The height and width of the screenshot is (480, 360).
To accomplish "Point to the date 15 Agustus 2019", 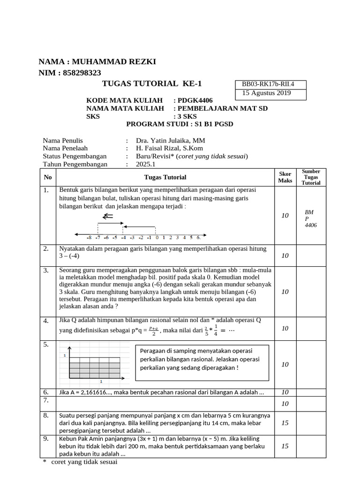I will (x=266, y=93).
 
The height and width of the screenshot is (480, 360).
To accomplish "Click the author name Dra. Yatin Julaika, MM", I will (x=170, y=141).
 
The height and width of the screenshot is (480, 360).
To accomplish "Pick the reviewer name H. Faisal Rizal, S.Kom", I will (x=172, y=149).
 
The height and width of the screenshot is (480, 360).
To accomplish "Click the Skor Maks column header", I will (x=285, y=177).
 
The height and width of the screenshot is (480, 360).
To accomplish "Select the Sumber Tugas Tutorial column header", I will (x=311, y=177).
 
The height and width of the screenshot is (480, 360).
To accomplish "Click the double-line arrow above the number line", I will (x=108, y=216).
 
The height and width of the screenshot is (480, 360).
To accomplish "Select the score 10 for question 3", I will (x=285, y=292).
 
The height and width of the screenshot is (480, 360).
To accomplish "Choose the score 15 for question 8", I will (x=285, y=423).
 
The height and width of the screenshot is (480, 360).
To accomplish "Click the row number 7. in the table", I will (x=46, y=401).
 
